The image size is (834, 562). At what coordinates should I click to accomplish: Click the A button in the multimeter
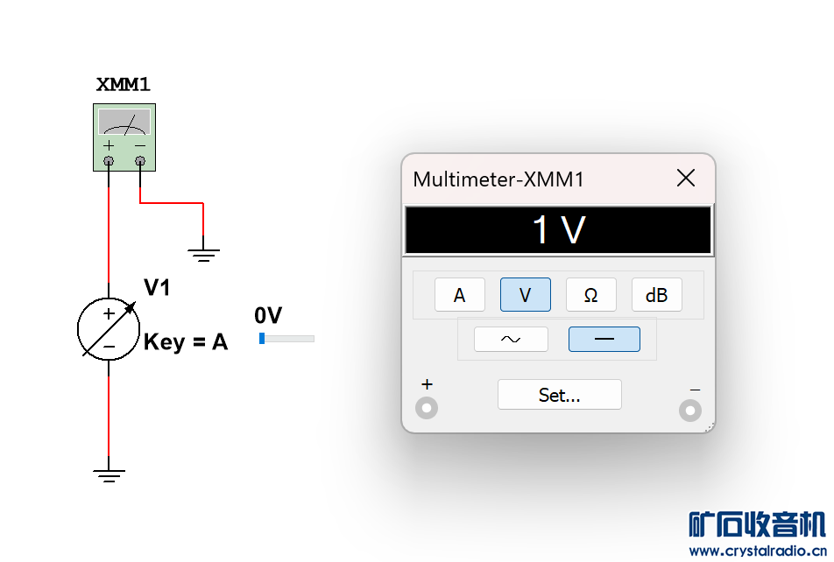point(459,295)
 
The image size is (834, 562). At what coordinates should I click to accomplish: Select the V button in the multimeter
point(525,295)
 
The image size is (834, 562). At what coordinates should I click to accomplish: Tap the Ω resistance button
point(590,295)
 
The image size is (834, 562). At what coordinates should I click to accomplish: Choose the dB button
point(656,295)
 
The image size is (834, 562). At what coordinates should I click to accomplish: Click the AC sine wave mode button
point(511,339)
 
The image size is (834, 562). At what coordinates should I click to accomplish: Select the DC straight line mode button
point(604,339)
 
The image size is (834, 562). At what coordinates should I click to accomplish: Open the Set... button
point(559,395)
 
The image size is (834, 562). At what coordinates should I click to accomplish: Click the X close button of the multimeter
point(686,179)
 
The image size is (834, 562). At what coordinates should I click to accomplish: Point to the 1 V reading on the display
point(559,230)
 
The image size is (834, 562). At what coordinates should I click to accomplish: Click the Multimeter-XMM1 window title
point(498,179)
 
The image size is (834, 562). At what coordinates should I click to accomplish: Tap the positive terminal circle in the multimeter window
point(427,408)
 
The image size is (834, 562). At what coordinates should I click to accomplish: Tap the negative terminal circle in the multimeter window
point(690,410)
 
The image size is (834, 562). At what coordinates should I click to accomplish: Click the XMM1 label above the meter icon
point(123,85)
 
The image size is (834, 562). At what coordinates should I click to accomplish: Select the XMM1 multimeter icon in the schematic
point(124,137)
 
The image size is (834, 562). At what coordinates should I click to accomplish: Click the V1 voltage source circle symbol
point(109,329)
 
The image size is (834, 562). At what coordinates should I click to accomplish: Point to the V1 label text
point(157,287)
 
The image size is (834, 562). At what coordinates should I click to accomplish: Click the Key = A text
point(186,342)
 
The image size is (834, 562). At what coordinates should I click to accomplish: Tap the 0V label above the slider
point(268,315)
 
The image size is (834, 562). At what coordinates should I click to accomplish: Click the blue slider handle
point(262,339)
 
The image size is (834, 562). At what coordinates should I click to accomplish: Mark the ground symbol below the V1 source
point(109,476)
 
